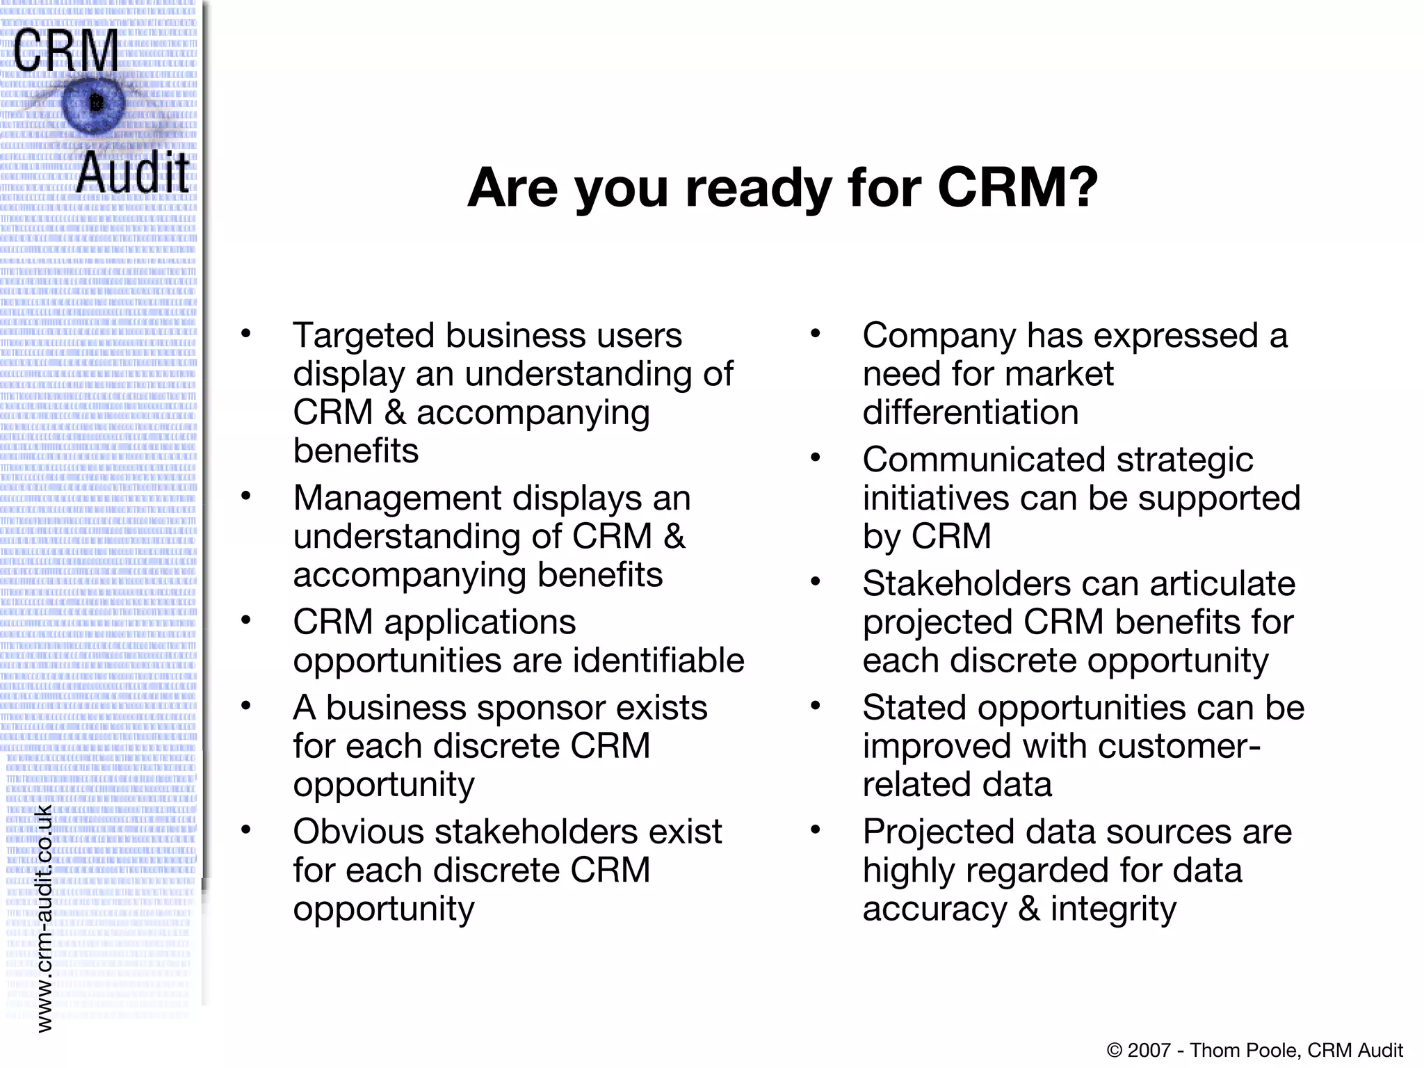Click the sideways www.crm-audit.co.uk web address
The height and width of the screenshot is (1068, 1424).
44,918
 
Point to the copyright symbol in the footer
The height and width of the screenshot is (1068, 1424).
1114,1050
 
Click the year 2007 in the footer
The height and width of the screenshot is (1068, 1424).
1149,1050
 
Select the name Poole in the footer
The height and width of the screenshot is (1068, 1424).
1272,1050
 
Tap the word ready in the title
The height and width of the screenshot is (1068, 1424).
758,189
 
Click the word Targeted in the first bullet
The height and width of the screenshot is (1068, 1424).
363,336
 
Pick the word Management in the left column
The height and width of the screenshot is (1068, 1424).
397,498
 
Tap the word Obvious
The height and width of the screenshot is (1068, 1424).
357,832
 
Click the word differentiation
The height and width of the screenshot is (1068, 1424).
971,412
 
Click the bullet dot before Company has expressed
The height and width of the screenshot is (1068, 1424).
816,334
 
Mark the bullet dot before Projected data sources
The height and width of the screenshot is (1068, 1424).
816,830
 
